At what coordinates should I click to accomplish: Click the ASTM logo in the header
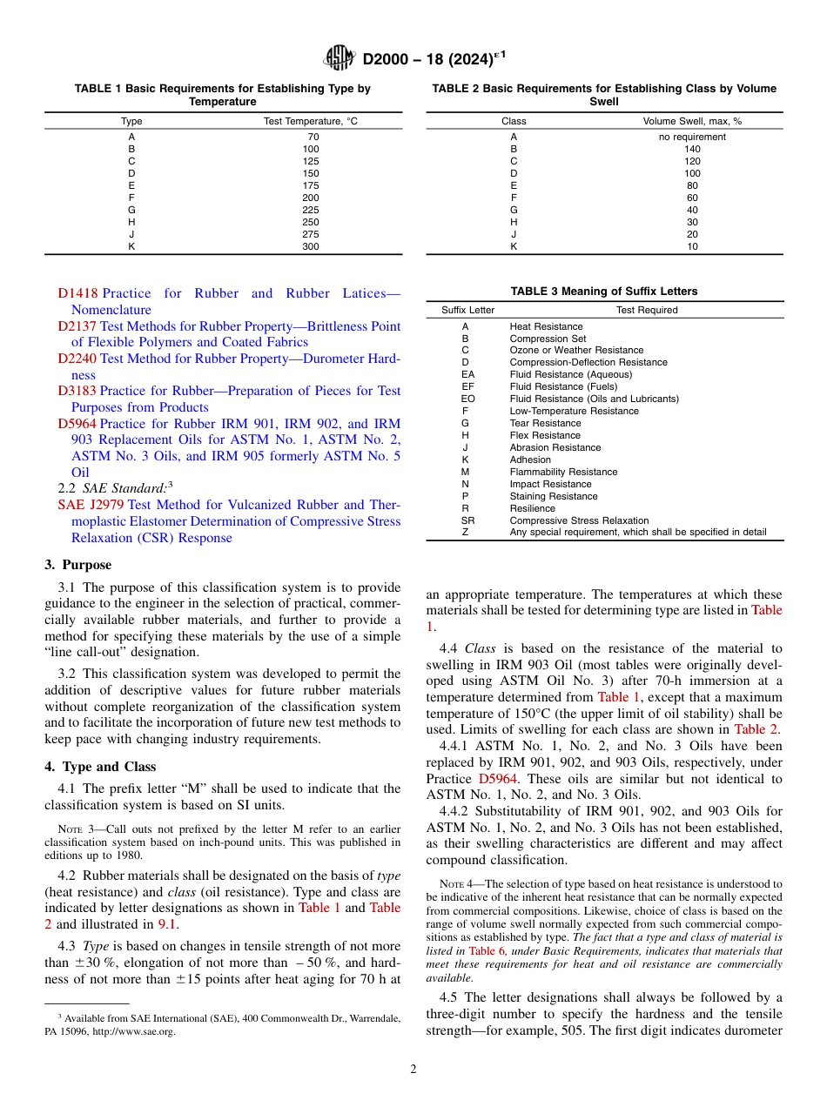coord(339,58)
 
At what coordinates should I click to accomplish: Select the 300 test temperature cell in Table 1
coord(311,246)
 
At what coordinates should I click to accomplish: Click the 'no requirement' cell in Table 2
coord(692,137)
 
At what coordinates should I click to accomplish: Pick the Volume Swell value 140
coord(692,149)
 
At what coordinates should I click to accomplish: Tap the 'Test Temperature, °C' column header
coord(311,121)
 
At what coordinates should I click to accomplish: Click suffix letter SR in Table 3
coord(467,520)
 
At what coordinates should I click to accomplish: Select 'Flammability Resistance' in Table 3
coord(563,472)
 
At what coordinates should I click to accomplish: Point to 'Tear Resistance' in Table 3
coord(545,423)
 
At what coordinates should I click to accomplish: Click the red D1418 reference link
coord(77,294)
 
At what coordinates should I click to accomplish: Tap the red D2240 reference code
coord(77,359)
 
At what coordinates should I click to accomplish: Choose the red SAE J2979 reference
coord(91,505)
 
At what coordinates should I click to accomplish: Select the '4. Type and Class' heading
coord(100,767)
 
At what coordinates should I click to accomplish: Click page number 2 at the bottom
coord(413,1070)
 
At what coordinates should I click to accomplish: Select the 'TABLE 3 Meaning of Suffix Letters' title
coord(604,292)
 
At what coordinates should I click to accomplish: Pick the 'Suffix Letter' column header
coord(467,310)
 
